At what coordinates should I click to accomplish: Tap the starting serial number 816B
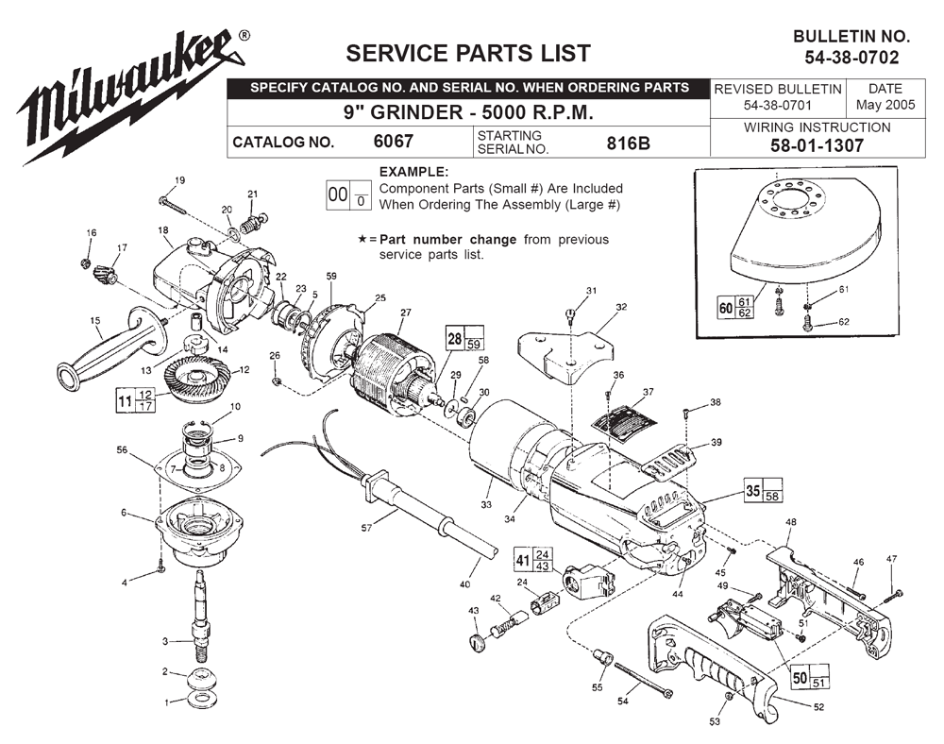click(627, 143)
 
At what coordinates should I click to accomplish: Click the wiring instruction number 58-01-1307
click(817, 145)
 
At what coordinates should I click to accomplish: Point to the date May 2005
click(885, 105)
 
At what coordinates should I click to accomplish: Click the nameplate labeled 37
click(622, 417)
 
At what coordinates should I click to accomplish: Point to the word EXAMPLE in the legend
click(413, 172)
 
